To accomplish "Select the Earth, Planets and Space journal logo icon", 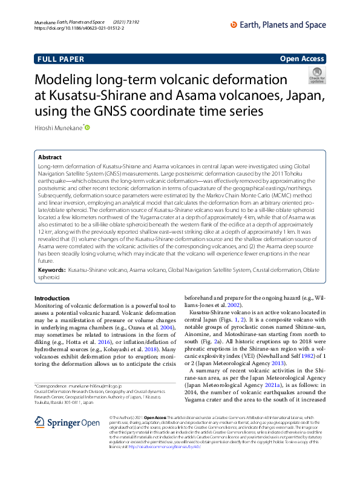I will (234, 24).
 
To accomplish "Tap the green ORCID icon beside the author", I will (87, 127).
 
